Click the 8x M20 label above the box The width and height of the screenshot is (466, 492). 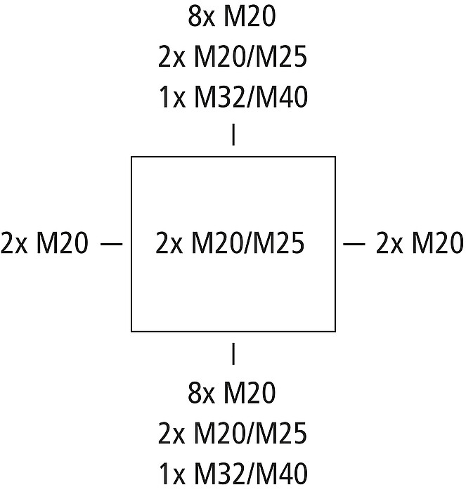[233, 18]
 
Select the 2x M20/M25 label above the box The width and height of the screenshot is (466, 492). [233, 58]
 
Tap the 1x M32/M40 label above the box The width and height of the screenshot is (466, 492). [233, 98]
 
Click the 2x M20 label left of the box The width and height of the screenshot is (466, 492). [45, 244]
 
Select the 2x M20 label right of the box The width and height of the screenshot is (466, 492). [420, 244]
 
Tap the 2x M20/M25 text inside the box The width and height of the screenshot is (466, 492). [230, 244]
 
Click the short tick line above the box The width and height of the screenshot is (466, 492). [233, 135]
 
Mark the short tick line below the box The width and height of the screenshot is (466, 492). [233, 354]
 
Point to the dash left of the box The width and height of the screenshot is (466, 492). [112, 244]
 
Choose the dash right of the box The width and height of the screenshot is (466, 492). [354, 244]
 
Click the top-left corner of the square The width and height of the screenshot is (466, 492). [131, 157]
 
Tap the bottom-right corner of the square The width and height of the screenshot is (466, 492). [335, 331]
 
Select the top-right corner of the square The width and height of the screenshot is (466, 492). [335, 157]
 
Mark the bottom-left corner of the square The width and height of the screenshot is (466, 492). [131, 331]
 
